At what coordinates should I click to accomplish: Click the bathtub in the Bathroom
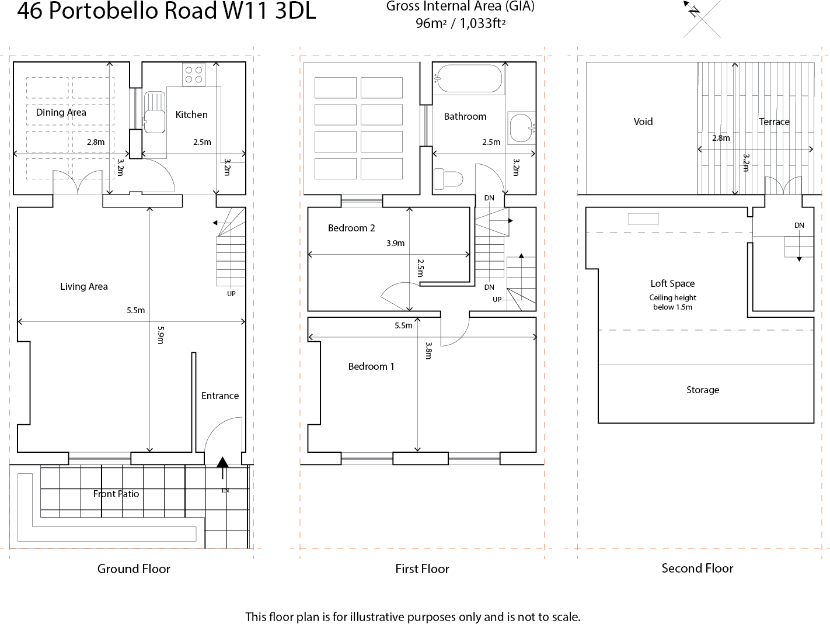click(x=469, y=78)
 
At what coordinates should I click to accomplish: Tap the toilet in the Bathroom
click(x=448, y=178)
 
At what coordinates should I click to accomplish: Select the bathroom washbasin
click(x=521, y=128)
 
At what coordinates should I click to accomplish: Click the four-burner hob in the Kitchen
click(x=194, y=74)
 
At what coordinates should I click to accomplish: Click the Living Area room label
click(x=84, y=286)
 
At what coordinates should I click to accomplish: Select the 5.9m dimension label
click(x=161, y=335)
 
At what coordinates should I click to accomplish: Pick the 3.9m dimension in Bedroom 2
click(x=395, y=243)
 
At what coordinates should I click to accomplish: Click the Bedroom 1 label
click(x=371, y=366)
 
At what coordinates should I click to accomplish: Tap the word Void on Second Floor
click(x=643, y=122)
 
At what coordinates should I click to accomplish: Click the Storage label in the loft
click(x=703, y=390)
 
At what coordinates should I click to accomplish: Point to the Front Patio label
click(x=116, y=494)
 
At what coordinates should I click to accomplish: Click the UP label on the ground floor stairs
click(x=231, y=293)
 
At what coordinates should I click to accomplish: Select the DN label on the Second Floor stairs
click(x=799, y=226)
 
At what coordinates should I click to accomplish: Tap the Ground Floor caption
click(x=134, y=568)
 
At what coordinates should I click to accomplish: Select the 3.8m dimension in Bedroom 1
click(x=428, y=351)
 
